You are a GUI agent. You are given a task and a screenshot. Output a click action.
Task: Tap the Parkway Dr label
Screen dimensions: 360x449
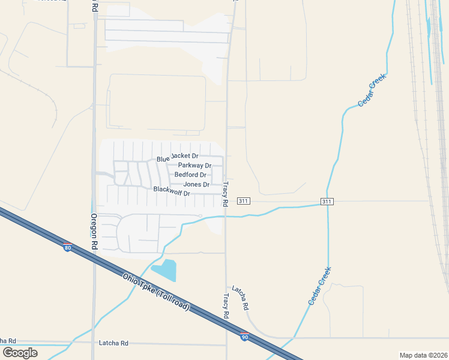coord(194,166)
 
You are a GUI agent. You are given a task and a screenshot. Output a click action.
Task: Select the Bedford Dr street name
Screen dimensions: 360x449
coord(190,175)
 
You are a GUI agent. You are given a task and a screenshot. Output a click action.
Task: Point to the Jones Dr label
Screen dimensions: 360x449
coord(196,184)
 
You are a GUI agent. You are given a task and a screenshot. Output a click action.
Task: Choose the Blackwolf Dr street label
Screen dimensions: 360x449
coord(172,191)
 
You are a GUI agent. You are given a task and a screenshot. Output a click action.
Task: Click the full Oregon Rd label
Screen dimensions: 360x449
coord(94,232)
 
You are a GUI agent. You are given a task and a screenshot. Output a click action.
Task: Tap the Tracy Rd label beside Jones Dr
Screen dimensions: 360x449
coord(226,194)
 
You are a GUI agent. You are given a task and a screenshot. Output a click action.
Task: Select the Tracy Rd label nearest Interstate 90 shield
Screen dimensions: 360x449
coord(226,306)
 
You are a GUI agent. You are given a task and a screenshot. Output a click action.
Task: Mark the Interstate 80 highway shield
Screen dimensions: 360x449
coord(67,247)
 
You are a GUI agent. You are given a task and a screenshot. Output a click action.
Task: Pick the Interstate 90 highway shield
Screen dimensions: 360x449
coord(245,336)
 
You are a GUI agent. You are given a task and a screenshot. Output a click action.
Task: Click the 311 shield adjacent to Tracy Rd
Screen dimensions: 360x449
coord(243,200)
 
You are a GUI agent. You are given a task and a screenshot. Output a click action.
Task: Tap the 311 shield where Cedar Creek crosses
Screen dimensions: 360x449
coord(326,202)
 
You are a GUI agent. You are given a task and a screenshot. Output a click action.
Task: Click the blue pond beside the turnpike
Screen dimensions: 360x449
coord(165,270)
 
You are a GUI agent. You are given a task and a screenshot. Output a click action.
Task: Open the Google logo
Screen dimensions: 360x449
coord(20,353)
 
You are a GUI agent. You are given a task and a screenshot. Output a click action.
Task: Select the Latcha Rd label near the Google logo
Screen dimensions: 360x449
coord(113,343)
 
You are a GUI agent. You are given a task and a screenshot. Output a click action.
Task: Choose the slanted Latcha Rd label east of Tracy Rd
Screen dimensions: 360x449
coord(240,297)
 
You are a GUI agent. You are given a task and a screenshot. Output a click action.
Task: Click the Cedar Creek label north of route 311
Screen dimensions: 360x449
coord(372,90)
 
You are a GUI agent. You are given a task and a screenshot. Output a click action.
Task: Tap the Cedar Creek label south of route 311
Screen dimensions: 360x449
coord(319,286)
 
